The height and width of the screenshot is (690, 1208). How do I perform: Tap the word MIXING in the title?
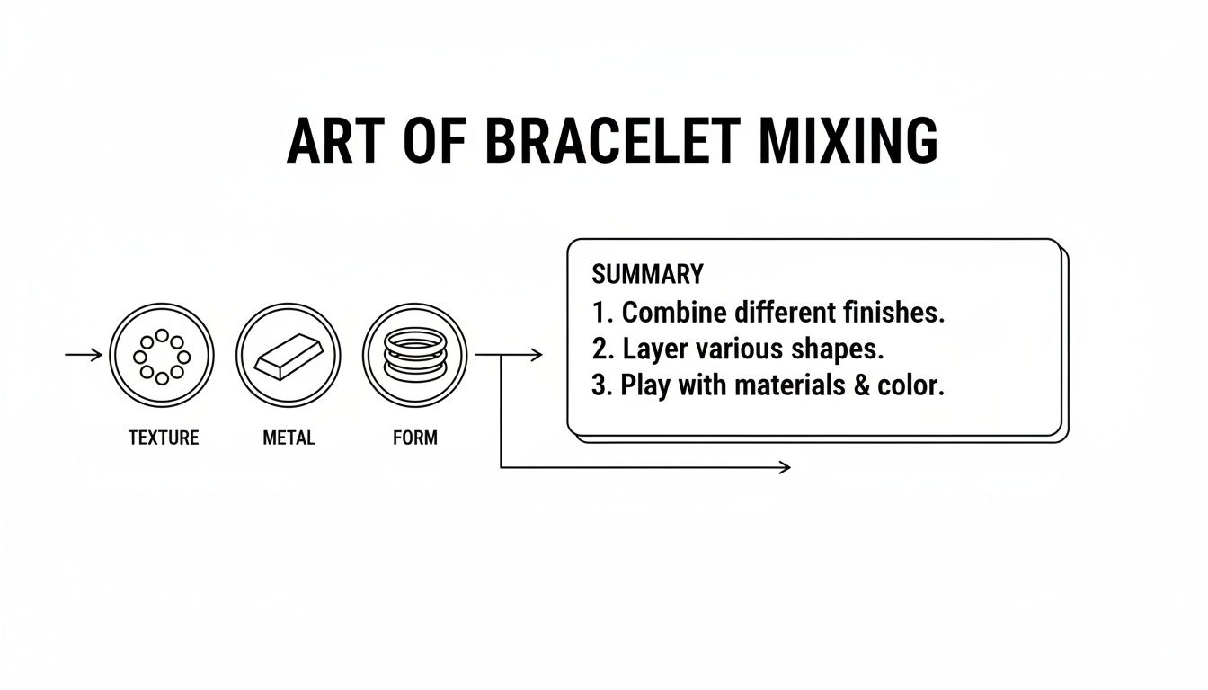[x=848, y=142]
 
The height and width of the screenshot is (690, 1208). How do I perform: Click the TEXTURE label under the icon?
[x=163, y=438]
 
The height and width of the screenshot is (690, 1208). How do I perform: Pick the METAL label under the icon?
[x=289, y=438]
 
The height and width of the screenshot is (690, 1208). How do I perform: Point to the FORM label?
[x=415, y=438]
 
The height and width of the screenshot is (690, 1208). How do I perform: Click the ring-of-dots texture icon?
[x=162, y=355]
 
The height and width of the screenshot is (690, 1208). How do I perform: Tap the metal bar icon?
[x=289, y=357]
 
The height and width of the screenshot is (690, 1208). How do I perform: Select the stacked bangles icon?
[x=415, y=355]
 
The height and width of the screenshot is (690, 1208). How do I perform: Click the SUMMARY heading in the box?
[x=647, y=274]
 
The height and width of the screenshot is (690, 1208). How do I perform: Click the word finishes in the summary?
[x=894, y=313]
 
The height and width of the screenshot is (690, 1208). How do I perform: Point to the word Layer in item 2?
[x=655, y=349]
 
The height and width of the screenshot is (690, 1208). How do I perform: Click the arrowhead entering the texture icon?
[x=98, y=355]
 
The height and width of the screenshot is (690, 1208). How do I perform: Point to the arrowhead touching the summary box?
[x=537, y=355]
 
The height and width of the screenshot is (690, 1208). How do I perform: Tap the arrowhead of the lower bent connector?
[x=786, y=467]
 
